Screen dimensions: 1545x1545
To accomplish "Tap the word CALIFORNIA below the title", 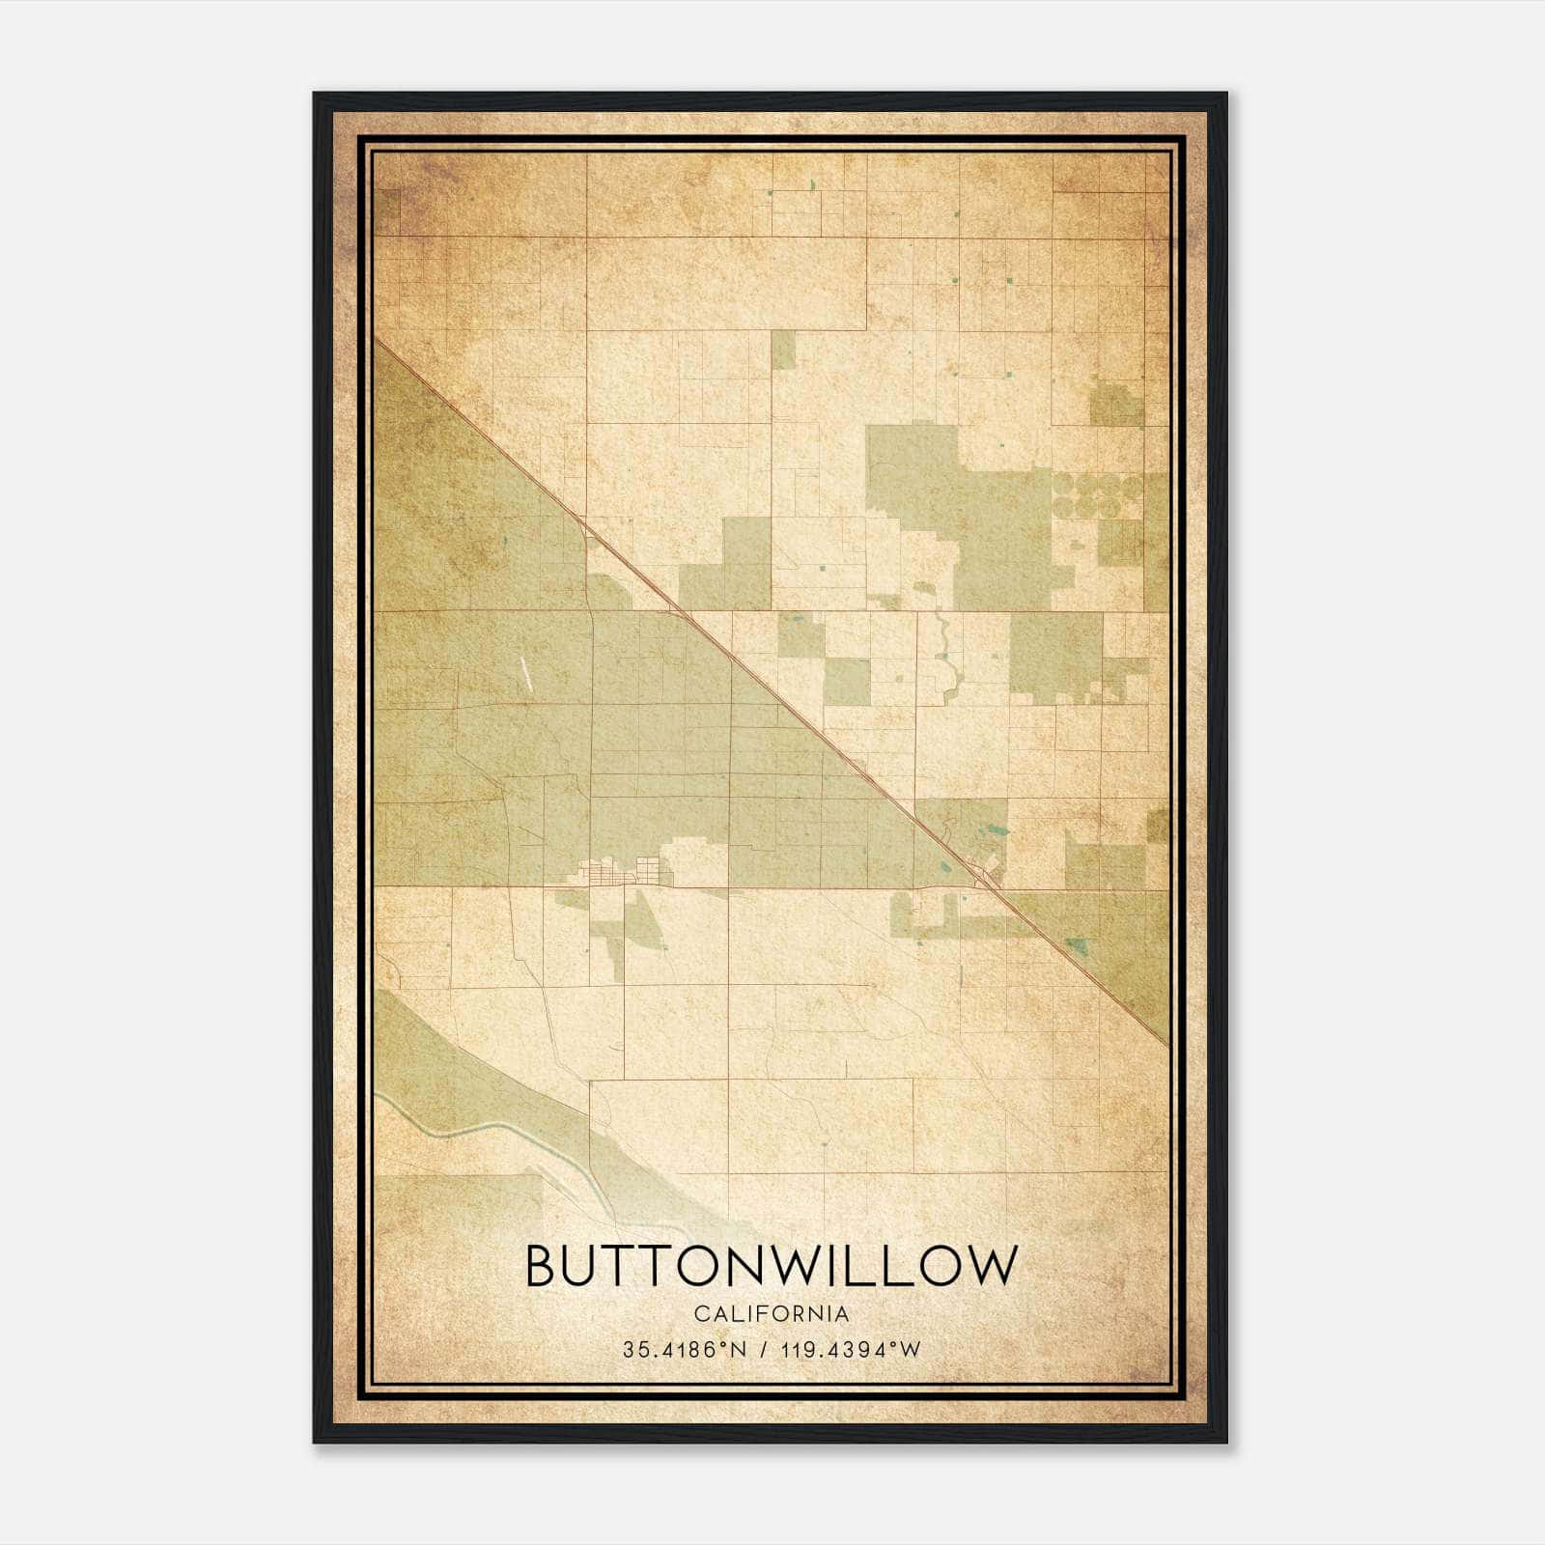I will tap(772, 1314).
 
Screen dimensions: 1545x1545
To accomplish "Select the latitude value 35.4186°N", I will tap(685, 1349).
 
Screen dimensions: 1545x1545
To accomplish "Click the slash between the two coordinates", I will tap(764, 1349).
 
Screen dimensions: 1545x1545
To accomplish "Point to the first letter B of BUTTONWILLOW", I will tap(542, 1265).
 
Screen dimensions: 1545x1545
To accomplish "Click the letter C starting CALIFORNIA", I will tap(699, 1314).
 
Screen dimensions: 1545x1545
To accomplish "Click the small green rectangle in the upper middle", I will tap(783, 351).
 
